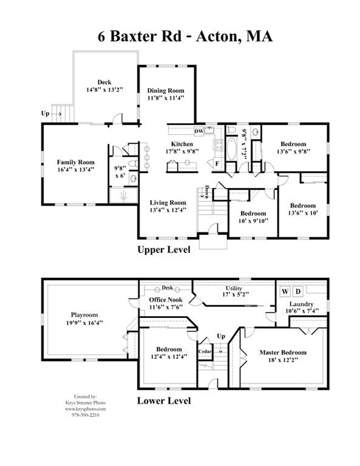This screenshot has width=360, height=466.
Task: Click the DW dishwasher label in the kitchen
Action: (199, 131)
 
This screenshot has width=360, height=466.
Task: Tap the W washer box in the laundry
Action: (285, 291)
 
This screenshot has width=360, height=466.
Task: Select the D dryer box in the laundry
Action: (298, 291)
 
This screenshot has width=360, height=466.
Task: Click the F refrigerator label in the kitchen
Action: (217, 163)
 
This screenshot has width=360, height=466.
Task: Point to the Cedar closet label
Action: (205, 351)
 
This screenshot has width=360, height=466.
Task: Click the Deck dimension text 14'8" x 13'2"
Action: (104, 89)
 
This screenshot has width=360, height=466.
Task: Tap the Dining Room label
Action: (166, 90)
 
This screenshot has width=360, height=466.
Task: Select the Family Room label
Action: (75, 162)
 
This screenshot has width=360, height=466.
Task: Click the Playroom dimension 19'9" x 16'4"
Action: (84, 322)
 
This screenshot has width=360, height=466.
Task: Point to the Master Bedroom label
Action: (283, 353)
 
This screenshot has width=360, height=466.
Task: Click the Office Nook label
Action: (166, 300)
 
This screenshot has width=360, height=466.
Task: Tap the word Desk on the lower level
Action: (168, 288)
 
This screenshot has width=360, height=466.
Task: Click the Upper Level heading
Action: (164, 249)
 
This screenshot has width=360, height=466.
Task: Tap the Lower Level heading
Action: (164, 400)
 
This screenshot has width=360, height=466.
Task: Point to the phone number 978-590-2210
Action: (86, 415)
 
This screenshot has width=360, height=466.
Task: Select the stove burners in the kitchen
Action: (219, 145)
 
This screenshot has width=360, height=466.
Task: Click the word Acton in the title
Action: (216, 36)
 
